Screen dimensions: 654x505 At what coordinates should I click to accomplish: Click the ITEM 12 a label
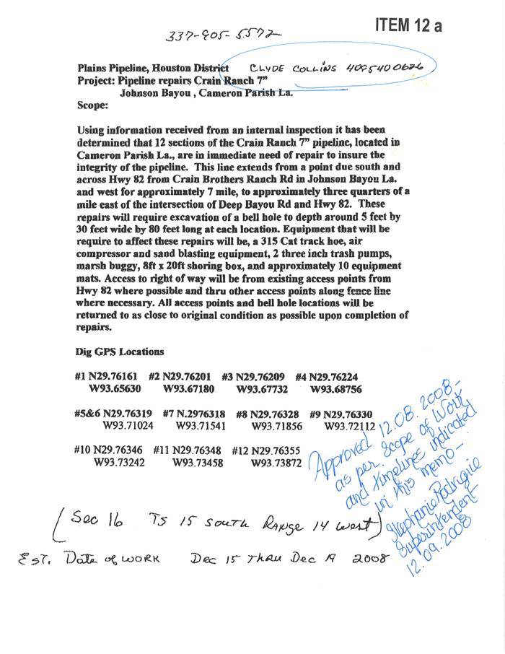point(408,25)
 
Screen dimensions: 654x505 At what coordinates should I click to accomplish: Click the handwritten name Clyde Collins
point(285,69)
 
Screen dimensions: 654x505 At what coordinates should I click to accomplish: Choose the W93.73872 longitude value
point(276,463)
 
